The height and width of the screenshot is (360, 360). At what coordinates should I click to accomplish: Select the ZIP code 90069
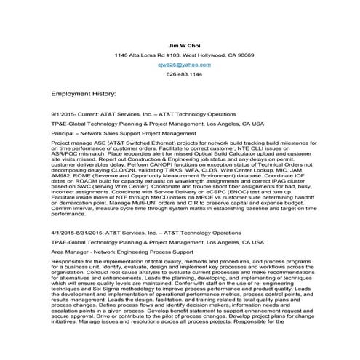coord(245,55)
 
